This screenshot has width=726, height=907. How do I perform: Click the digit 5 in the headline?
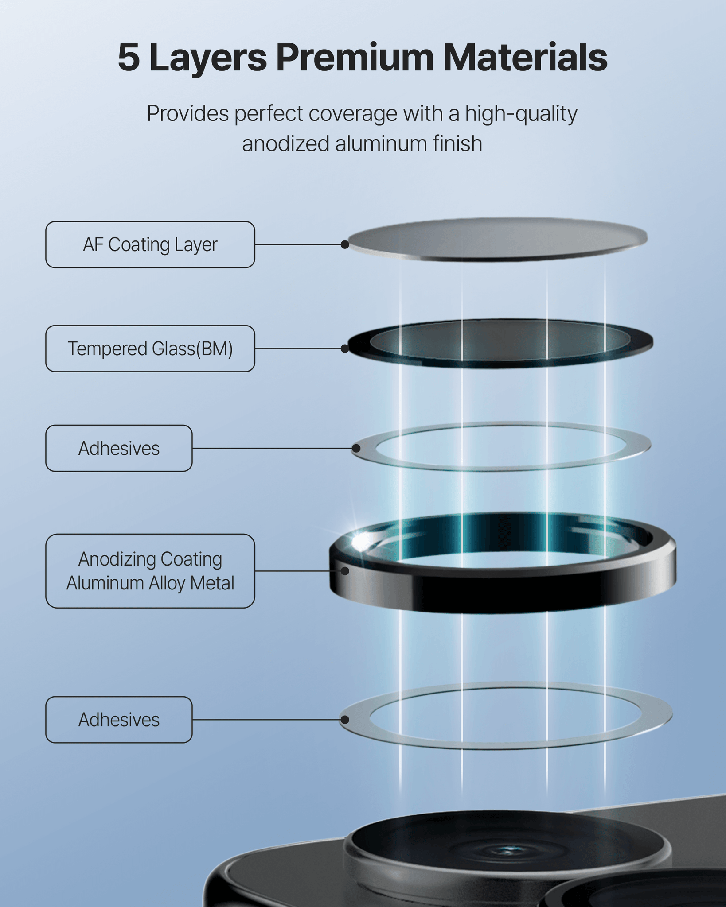pyautogui.click(x=129, y=57)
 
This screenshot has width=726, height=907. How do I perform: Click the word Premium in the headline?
pyautogui.click(x=355, y=57)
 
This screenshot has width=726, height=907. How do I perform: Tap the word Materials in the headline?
pyautogui.click(x=525, y=57)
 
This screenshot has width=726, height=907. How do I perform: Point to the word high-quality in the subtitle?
pyautogui.click(x=521, y=114)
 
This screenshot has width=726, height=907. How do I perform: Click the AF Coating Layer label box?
pyautogui.click(x=150, y=244)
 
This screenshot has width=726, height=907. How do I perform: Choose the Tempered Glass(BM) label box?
pyautogui.click(x=150, y=349)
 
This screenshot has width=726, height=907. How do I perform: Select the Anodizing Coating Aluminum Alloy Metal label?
pyautogui.click(x=150, y=571)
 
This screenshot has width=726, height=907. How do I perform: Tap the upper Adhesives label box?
pyautogui.click(x=119, y=448)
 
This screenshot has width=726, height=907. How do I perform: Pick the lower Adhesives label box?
pyautogui.click(x=119, y=720)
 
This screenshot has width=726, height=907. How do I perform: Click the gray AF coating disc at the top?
pyautogui.click(x=497, y=239)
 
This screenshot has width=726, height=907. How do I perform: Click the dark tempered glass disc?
pyautogui.click(x=500, y=343)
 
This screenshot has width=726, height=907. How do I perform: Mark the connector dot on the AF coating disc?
pyautogui.click(x=345, y=244)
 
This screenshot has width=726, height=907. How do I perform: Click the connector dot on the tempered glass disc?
pyautogui.click(x=345, y=349)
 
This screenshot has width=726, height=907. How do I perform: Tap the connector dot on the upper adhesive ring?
pyautogui.click(x=355, y=448)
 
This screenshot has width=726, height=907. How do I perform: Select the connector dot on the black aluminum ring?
pyautogui.click(x=345, y=571)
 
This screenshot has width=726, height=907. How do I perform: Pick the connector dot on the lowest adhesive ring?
pyautogui.click(x=344, y=720)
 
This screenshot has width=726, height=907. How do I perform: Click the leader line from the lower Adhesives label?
pyautogui.click(x=266, y=720)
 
